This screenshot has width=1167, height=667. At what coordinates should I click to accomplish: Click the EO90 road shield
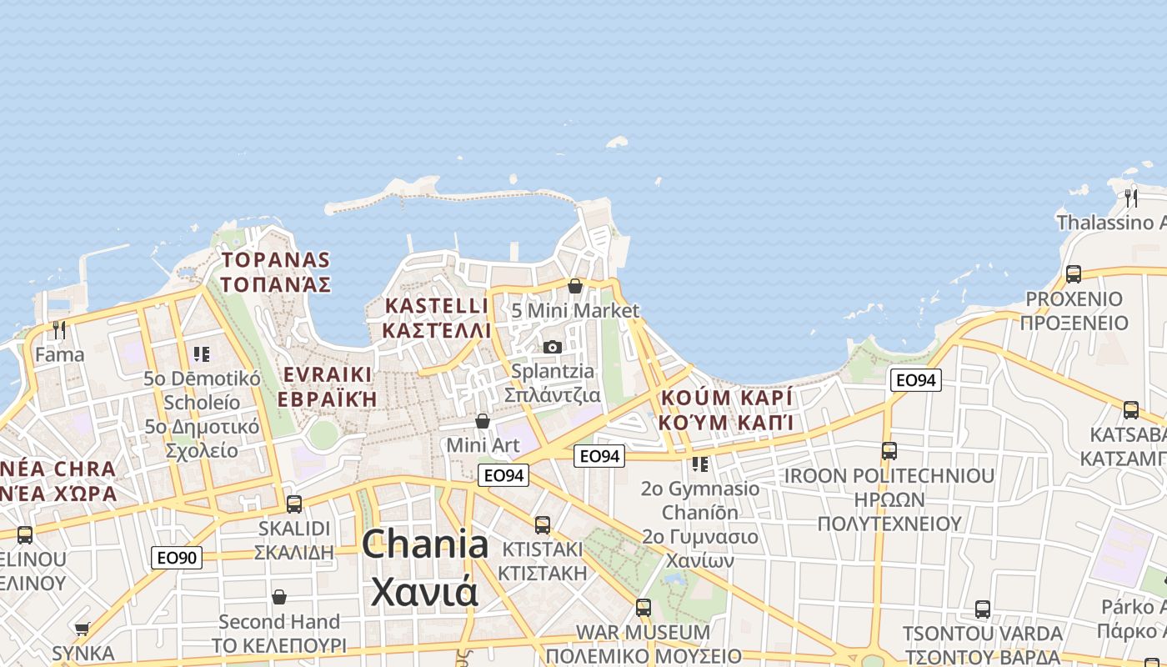pyautogui.click(x=177, y=557)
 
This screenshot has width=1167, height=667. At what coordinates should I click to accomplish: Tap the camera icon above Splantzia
pyautogui.click(x=552, y=347)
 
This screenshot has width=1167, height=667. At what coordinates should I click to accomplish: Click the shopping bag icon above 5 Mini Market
pyautogui.click(x=574, y=286)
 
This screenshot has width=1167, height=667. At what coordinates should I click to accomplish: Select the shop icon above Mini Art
pyautogui.click(x=482, y=421)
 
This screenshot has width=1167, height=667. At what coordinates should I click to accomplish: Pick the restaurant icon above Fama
pyautogui.click(x=58, y=330)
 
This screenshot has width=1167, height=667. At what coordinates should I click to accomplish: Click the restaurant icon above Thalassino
pyautogui.click(x=1130, y=198)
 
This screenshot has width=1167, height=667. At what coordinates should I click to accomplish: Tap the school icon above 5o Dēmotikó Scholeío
pyautogui.click(x=201, y=354)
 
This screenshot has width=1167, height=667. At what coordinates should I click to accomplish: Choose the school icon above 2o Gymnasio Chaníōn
pyautogui.click(x=699, y=464)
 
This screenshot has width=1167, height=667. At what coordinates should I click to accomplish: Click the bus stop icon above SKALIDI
pyautogui.click(x=293, y=504)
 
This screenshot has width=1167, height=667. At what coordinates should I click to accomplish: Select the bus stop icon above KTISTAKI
pyautogui.click(x=542, y=525)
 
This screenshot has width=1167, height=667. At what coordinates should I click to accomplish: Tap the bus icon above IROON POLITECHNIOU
pyautogui.click(x=889, y=451)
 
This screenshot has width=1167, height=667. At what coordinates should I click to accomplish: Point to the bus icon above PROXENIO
pyautogui.click(x=1073, y=274)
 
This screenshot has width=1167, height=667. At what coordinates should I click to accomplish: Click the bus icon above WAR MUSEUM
pyautogui.click(x=643, y=608)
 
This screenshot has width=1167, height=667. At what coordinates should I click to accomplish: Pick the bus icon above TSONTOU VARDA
pyautogui.click(x=982, y=609)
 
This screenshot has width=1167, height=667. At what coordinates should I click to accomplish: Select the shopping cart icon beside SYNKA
pyautogui.click(x=82, y=629)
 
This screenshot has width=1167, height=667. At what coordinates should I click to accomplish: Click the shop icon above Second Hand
pyautogui.click(x=278, y=597)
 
